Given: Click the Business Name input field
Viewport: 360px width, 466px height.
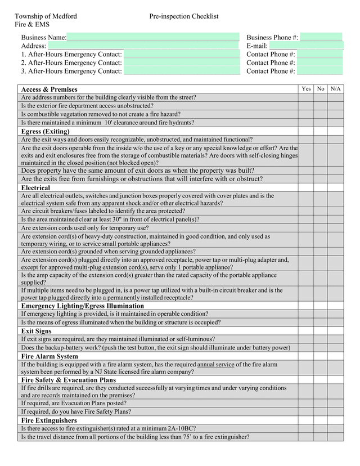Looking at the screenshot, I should click(152, 37).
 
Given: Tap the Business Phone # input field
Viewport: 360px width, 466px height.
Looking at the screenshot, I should click(321, 37).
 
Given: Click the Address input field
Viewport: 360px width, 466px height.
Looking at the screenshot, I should click(143, 46).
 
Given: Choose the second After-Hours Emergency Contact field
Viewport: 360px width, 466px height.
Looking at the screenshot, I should click(181, 62).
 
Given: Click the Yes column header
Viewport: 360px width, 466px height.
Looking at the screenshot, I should click(306, 89).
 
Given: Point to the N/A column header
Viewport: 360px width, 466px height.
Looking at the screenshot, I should click(336, 89).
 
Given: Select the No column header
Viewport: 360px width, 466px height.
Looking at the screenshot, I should click(321, 89).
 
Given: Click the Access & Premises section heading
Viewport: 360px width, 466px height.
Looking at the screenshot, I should click(49, 89).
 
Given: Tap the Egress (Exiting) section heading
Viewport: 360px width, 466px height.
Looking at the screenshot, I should click(46, 131).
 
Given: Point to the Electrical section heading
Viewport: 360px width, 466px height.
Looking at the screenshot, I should click(35, 187).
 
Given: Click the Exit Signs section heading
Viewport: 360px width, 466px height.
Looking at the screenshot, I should click(37, 331).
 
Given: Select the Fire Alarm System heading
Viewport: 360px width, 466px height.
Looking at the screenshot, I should click(49, 356).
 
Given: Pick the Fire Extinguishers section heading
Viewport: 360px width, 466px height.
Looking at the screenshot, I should click(49, 420).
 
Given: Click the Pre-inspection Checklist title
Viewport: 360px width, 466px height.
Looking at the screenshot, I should click(184, 17).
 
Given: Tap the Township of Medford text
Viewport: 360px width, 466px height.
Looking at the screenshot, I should click(46, 17).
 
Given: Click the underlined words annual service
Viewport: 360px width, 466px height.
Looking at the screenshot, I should click(215, 364).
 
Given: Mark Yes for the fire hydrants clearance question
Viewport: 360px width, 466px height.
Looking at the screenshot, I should click(306, 122).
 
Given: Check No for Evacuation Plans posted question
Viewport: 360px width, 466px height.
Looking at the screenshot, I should click(321, 403).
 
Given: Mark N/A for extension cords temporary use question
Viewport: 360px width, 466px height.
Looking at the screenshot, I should click(336, 228).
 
